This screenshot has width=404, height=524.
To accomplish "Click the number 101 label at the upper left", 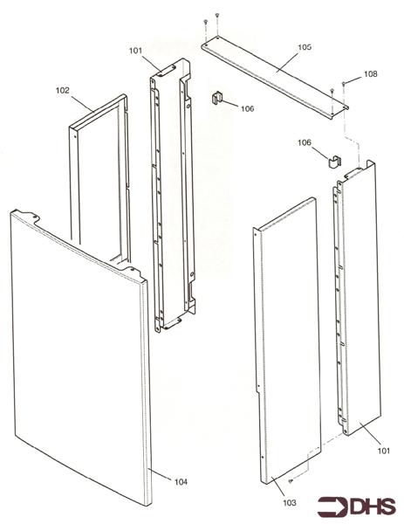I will click(x=135, y=51).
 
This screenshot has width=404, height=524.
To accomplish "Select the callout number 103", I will click(x=289, y=503).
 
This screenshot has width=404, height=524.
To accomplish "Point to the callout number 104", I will click(x=180, y=482).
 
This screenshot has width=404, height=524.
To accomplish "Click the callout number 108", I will click(x=371, y=75).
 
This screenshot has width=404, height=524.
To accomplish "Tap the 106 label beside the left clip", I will click(x=247, y=109).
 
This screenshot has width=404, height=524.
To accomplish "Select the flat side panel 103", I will click(x=288, y=341).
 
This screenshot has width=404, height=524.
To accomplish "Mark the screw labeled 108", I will click(x=346, y=81).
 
